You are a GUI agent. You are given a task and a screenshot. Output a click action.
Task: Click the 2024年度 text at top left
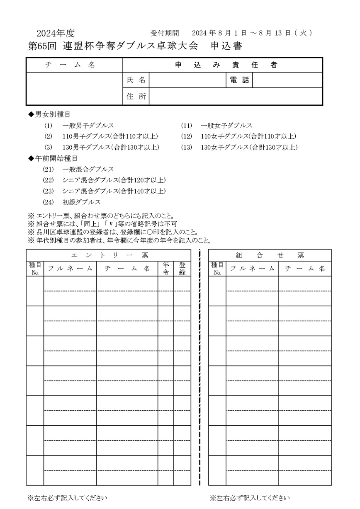(56, 34)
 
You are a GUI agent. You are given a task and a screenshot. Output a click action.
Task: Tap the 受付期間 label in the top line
(164, 33)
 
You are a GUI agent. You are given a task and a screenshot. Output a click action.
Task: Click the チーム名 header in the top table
(75, 65)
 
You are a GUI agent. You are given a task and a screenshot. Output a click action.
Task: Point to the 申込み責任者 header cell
(223, 65)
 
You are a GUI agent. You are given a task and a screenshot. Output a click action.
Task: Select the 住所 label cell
(136, 97)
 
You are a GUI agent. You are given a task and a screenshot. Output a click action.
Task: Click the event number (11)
(186, 125)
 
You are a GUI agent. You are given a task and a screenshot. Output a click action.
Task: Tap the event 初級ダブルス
(81, 202)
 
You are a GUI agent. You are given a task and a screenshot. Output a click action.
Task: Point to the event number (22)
(49, 180)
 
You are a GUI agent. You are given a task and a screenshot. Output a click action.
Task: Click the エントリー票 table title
(109, 254)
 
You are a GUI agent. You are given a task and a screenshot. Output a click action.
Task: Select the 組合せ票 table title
(270, 254)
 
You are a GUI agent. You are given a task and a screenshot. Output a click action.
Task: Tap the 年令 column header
(165, 268)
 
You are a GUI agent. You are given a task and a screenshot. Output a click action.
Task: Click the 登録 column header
(182, 268)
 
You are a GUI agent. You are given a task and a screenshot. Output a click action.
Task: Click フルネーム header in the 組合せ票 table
(252, 268)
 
